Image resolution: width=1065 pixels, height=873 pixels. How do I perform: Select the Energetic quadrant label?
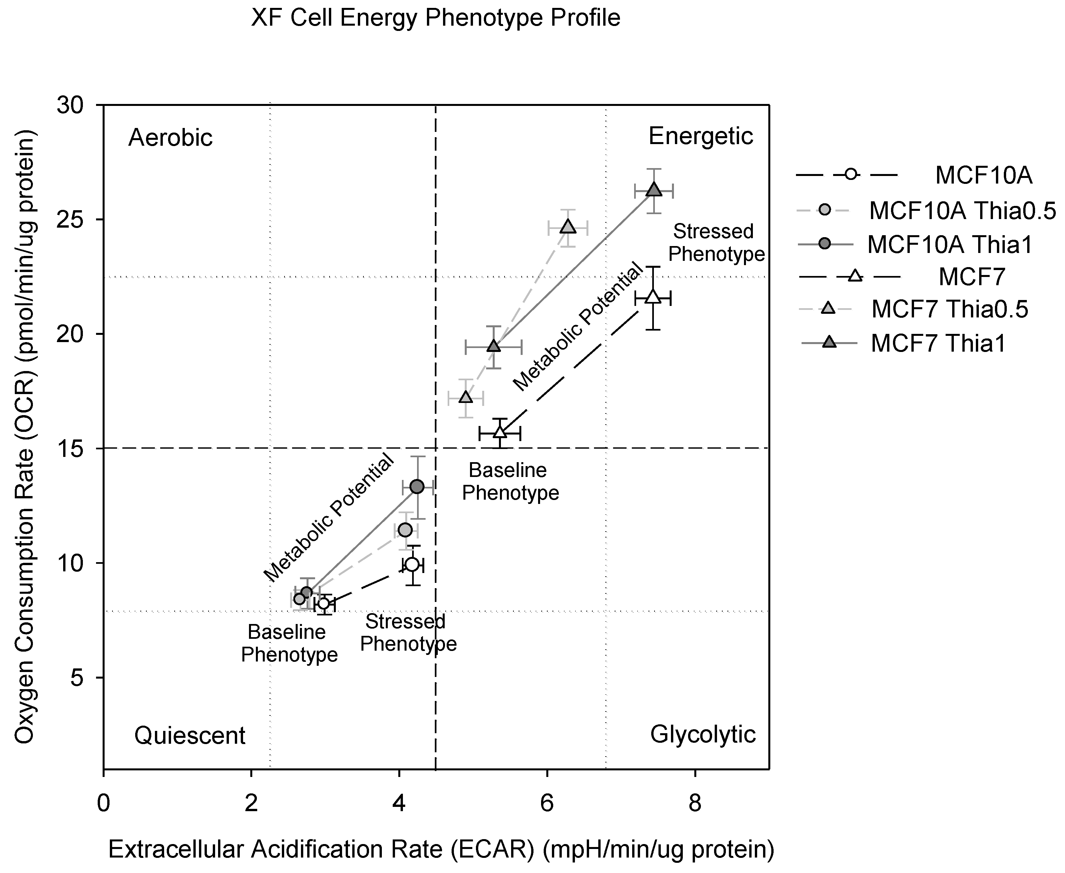coord(701,136)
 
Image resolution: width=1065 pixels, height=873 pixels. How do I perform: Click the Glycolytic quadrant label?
coord(703,734)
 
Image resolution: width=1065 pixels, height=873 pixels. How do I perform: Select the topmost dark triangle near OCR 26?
coord(653,190)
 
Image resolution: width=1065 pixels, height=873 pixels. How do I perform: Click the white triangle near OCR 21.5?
coord(653,297)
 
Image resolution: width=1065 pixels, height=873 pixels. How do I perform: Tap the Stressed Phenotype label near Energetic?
coord(715,242)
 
